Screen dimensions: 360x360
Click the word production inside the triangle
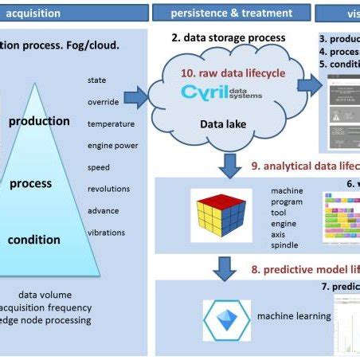39,122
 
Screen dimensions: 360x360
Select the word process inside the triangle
30,183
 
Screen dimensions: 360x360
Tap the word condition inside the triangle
34,239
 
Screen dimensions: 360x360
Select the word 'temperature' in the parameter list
112,123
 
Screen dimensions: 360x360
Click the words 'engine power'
112,146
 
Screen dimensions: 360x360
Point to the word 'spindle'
285,246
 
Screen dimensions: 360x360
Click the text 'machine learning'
293,316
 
